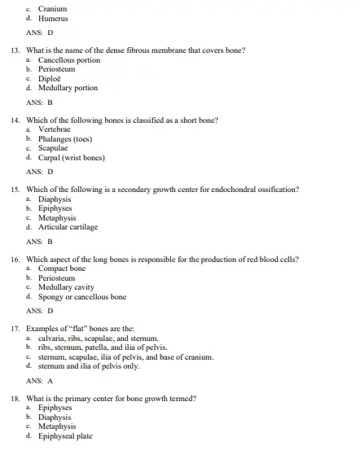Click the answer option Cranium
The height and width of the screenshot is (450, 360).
coord(52,8)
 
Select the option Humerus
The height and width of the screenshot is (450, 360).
coord(53,18)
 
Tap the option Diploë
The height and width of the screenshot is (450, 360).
coord(51,79)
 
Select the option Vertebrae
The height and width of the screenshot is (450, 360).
coord(54,129)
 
